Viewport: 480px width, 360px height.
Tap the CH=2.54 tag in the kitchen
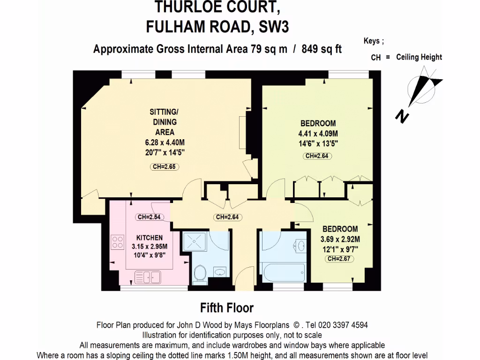tap(149, 217)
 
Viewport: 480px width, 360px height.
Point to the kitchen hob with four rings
tap(116, 242)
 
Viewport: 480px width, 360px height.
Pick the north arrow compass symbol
tap(424, 86)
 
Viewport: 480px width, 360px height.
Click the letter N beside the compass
tap(401, 116)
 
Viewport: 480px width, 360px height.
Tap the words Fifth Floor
tap(227, 308)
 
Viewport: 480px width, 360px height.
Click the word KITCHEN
tap(149, 238)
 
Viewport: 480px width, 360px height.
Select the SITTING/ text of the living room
tap(164, 112)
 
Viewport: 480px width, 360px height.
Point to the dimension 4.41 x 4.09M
tap(318, 134)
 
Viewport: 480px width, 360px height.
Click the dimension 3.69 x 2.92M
tap(340, 239)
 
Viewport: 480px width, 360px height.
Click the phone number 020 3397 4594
tap(345, 324)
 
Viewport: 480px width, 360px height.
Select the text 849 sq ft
tap(322, 49)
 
